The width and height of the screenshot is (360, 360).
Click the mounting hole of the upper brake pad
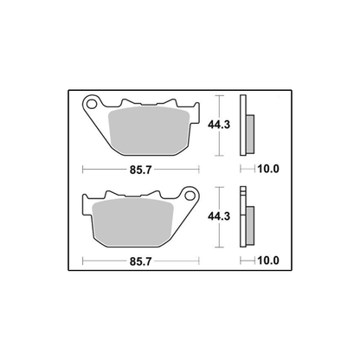(92, 104)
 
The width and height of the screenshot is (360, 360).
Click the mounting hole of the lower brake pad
(190, 196)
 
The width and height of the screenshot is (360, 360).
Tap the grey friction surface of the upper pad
(149, 130)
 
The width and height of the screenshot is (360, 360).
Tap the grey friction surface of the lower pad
(132, 222)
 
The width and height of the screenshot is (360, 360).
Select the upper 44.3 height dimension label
(219, 125)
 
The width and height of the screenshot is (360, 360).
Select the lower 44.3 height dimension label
(219, 216)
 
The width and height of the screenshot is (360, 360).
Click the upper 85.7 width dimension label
(140, 170)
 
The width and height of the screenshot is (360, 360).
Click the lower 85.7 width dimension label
(140, 261)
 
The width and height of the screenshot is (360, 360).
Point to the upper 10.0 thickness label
(268, 169)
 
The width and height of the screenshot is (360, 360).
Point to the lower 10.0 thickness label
(268, 260)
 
